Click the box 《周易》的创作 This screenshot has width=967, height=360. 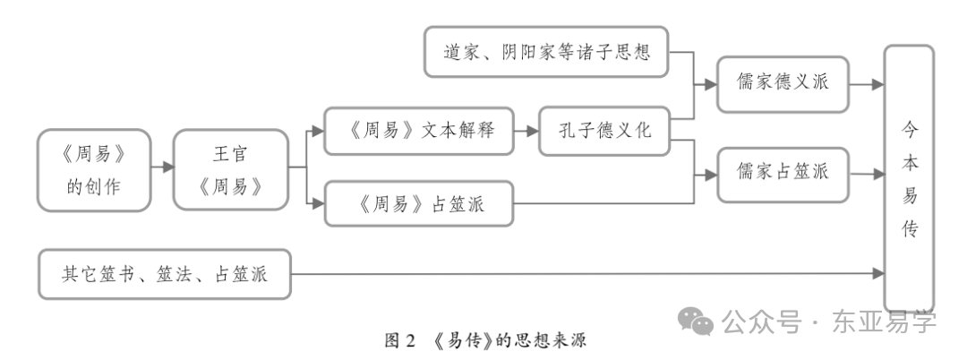94,170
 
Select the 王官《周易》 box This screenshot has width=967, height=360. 231,170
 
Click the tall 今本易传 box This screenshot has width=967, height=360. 908,177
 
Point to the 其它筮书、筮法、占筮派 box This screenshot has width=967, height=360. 165,273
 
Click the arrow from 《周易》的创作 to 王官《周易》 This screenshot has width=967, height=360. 162,167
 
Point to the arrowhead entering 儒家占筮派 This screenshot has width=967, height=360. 711,172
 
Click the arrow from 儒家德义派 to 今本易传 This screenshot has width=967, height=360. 866,86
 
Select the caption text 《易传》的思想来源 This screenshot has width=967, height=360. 506,340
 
